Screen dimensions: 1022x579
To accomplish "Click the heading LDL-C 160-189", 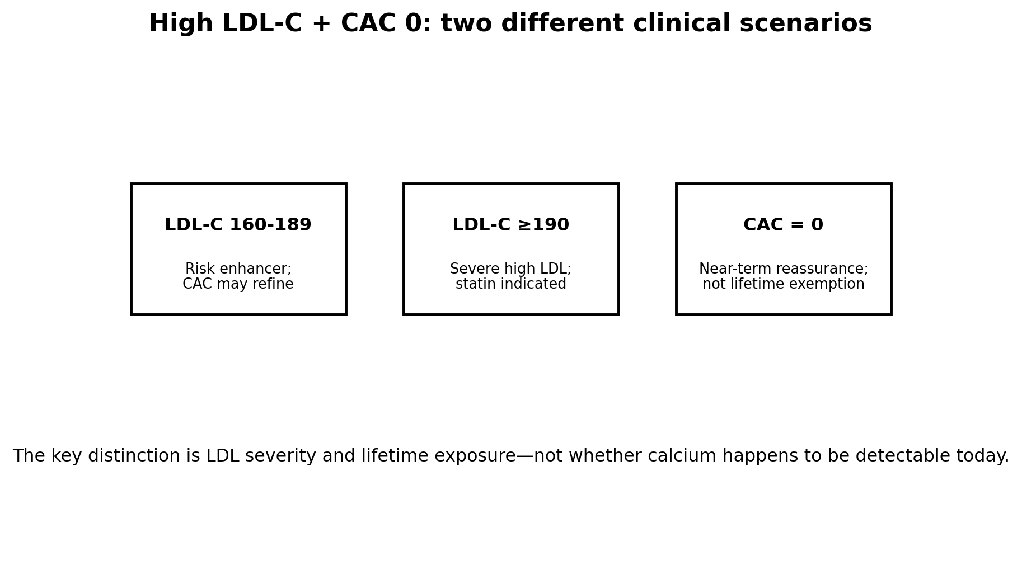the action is coord(238,225).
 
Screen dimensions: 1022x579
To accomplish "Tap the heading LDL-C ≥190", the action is coord(510,225).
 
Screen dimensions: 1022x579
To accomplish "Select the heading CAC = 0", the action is coord(783,225).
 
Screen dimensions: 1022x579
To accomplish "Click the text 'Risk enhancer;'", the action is coord(238,269).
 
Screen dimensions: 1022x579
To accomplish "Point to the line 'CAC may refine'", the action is coord(238,284).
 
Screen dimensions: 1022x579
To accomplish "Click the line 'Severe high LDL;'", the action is coord(510,269).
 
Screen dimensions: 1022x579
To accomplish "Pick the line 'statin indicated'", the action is coord(510,284).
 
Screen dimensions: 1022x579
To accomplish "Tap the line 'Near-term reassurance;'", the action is coord(783,269).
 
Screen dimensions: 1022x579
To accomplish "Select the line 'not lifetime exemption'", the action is coord(783,284).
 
